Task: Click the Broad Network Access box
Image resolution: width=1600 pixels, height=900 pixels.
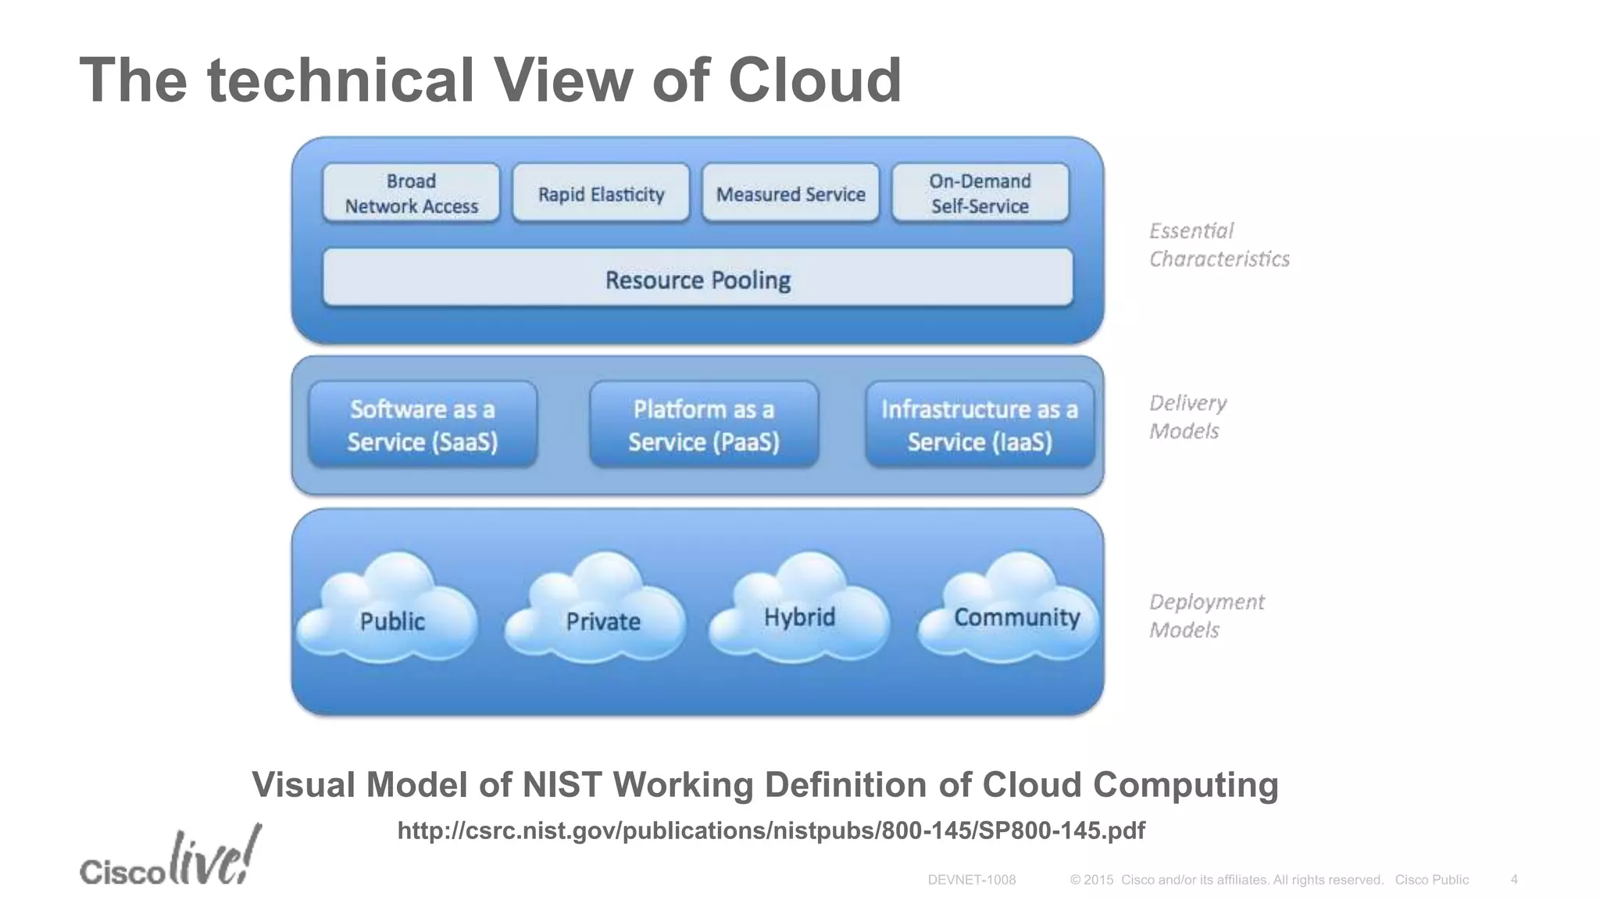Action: point(411,193)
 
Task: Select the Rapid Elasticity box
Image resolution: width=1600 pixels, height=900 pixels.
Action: point(601,193)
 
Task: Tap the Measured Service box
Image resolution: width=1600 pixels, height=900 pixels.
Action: point(791,193)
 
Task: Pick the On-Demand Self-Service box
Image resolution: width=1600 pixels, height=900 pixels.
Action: point(980,193)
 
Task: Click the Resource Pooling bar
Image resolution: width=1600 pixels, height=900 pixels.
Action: point(698,279)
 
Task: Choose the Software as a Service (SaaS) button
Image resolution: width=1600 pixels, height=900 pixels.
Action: point(423,425)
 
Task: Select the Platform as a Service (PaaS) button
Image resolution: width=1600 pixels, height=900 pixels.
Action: point(704,425)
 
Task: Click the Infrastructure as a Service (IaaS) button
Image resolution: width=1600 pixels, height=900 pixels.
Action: point(980,425)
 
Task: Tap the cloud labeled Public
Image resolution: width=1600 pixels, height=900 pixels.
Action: point(391,617)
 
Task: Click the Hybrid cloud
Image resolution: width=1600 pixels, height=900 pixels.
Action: point(800,613)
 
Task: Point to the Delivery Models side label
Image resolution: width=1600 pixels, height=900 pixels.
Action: point(1187,416)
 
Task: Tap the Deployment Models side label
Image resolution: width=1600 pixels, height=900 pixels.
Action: point(1205,616)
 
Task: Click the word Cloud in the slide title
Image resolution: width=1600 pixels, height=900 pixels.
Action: point(814,80)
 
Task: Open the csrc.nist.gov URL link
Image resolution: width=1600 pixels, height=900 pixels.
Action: point(771,830)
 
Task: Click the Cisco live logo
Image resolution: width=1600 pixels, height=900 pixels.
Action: point(170,859)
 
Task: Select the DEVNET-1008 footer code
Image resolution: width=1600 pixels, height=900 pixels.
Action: point(971,880)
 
